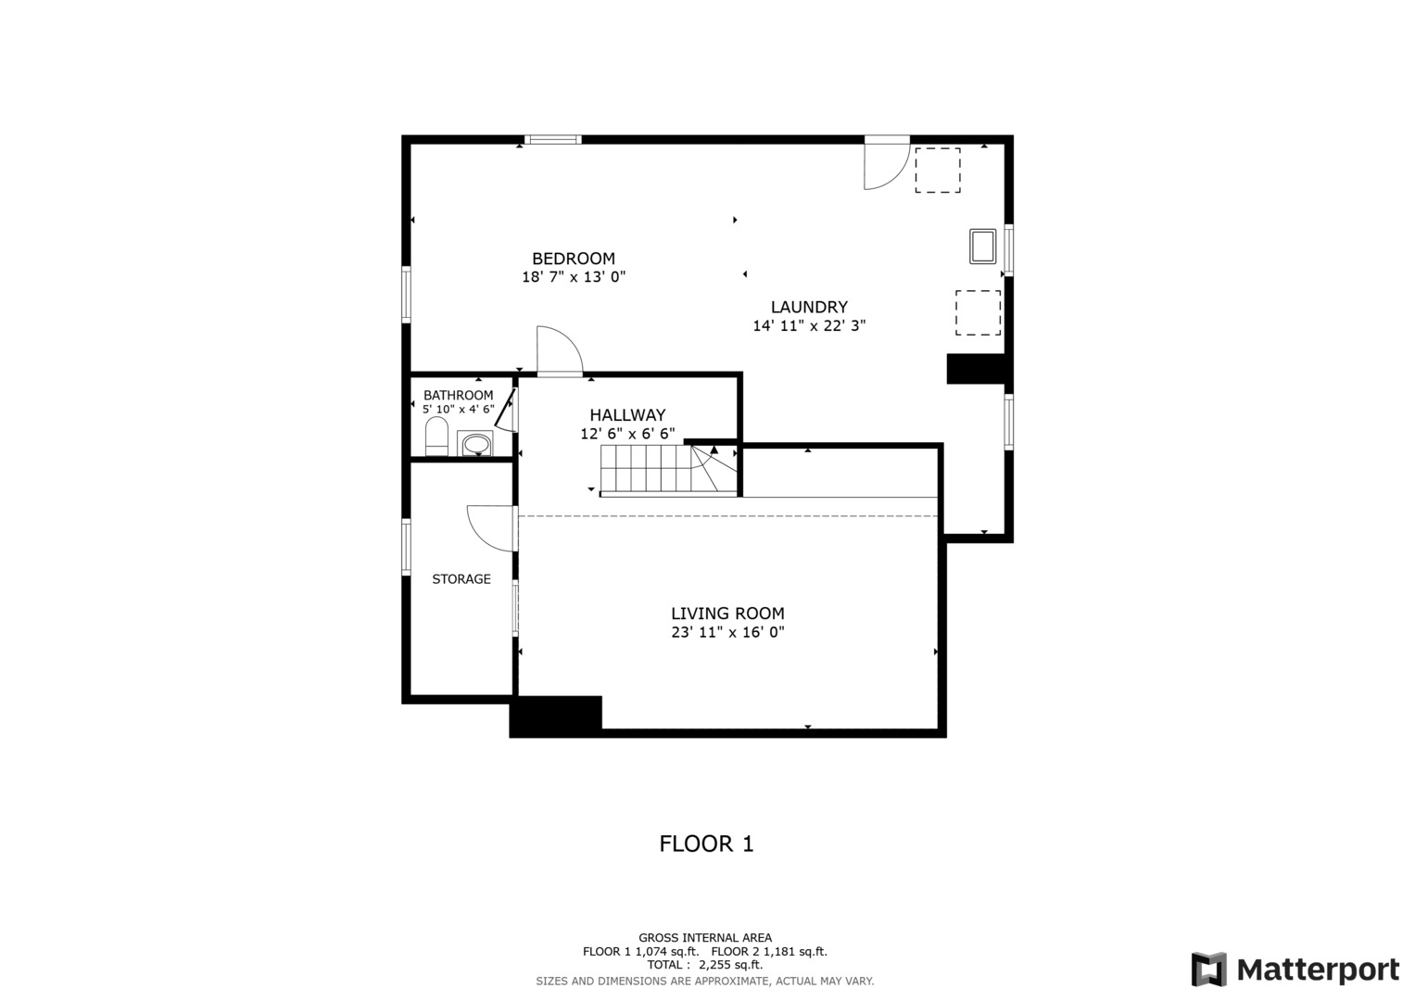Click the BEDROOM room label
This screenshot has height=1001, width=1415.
coord(574,259)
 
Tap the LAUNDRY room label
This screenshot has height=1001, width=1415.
coord(809,307)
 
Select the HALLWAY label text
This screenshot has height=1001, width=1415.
coord(627,415)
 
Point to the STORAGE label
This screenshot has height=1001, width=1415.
coord(461,579)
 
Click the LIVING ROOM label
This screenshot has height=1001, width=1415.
coord(727,613)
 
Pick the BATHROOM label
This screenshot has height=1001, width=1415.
coord(458,395)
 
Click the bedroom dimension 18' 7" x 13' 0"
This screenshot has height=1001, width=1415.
coord(574,277)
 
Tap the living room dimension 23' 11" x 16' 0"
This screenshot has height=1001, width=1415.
coord(727,632)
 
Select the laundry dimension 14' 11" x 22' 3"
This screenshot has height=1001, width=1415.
coord(809,325)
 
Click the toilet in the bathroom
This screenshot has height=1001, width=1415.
coord(436,436)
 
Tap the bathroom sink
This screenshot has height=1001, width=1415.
coord(475,443)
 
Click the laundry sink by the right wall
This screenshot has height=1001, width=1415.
coord(983,247)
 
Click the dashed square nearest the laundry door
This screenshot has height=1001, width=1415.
coord(938,170)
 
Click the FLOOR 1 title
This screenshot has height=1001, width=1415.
coord(706,843)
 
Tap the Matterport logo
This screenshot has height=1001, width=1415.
coord(1295,969)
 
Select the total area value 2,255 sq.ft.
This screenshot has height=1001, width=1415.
coord(731,965)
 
